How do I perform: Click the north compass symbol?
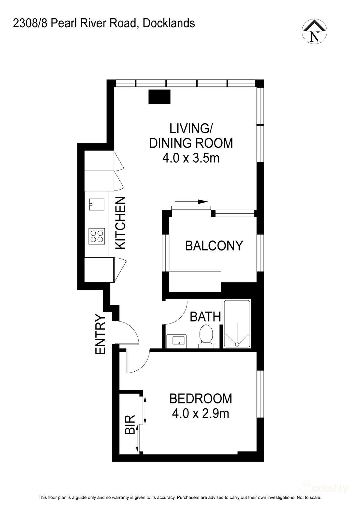[314, 31]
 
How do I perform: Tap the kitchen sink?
[97, 205]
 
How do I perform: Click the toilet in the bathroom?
[206, 335]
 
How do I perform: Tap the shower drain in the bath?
[237, 344]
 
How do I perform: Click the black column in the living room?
[159, 97]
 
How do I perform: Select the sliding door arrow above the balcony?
[191, 202]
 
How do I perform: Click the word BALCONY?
[214, 246]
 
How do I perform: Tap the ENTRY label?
[101, 334]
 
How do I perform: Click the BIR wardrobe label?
[130, 425]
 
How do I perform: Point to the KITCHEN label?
[121, 223]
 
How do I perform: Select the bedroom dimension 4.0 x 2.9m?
[200, 414]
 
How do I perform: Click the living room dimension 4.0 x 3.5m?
[191, 158]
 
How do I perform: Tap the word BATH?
[205, 317]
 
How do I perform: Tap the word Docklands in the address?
[169, 23]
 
